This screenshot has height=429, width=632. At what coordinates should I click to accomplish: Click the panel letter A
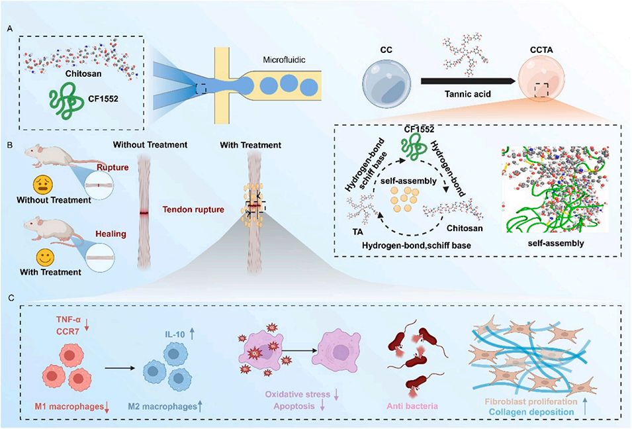(x=10, y=28)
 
